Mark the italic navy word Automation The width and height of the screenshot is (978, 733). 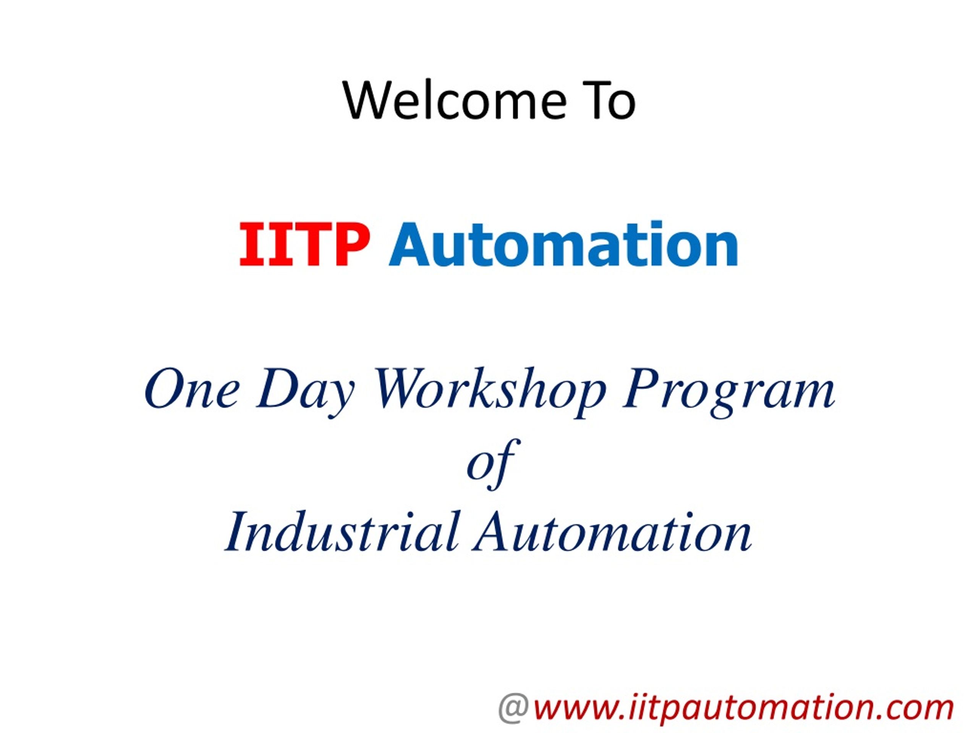pos(612,533)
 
